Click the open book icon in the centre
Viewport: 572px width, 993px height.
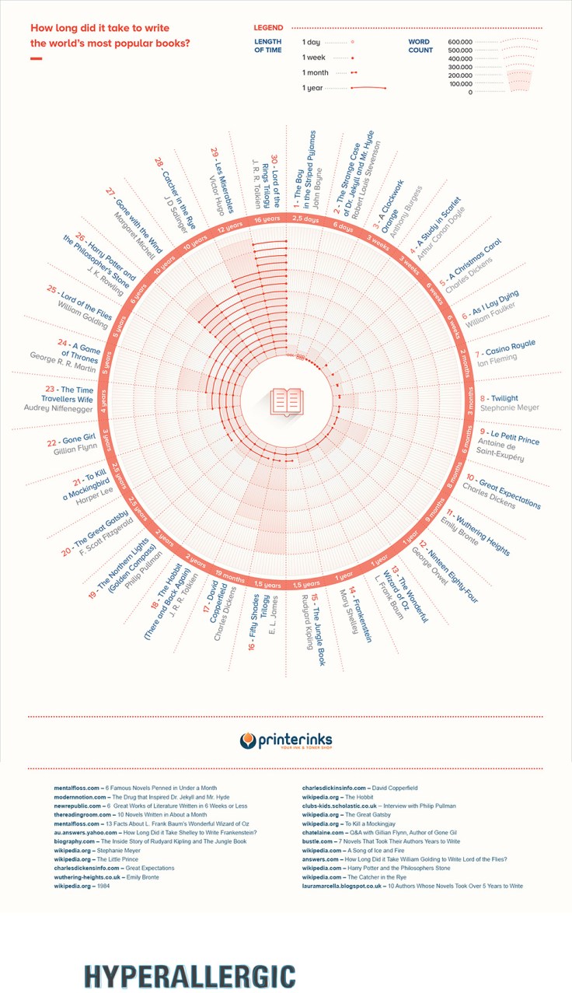286,401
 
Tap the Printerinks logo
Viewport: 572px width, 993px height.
286,740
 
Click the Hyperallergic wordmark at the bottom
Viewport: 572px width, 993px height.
190,975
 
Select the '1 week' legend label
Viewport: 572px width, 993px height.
315,58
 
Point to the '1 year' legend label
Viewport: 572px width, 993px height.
313,89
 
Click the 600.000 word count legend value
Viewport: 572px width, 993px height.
460,41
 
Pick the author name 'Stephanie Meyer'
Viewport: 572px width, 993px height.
510,407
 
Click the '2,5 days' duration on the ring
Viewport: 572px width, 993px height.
305,221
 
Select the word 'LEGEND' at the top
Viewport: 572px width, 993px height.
268,28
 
